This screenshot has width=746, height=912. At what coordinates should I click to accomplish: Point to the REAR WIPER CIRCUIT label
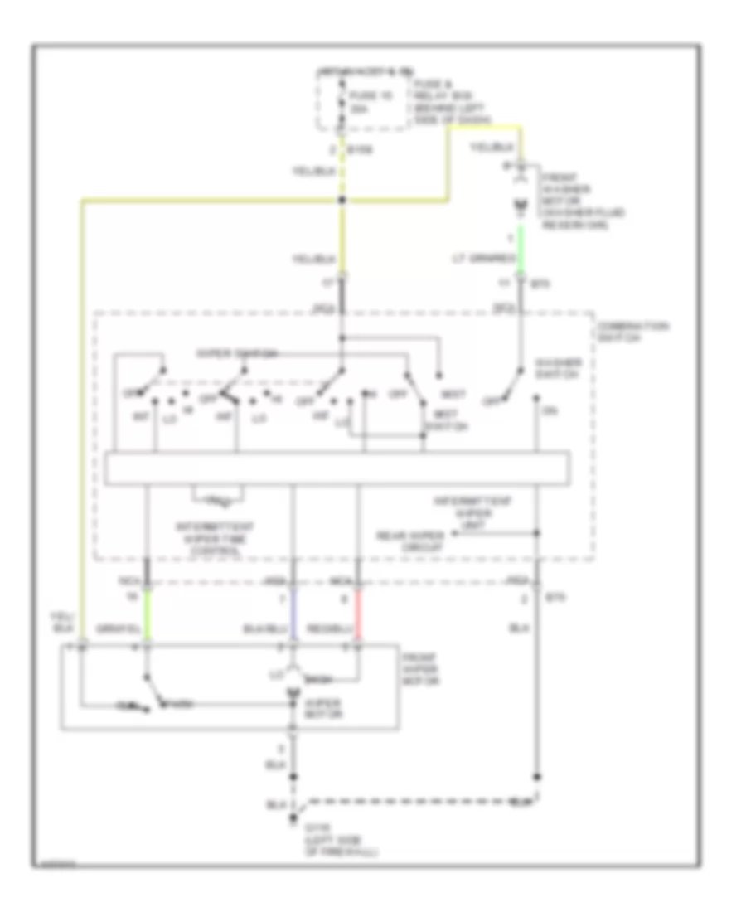[x=409, y=541]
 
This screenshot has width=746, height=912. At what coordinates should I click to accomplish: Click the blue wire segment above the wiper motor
[x=293, y=616]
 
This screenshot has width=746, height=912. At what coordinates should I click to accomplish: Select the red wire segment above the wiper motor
[x=358, y=616]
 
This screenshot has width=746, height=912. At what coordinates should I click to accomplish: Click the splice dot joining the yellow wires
[x=342, y=201]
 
